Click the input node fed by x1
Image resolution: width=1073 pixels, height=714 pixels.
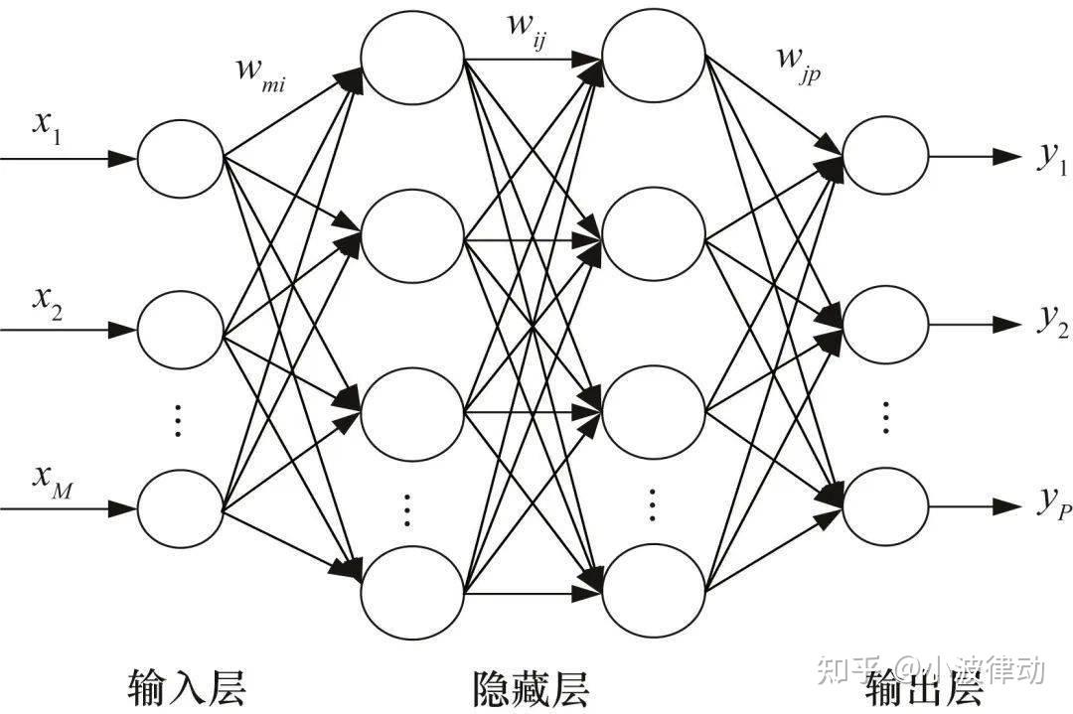[180, 158]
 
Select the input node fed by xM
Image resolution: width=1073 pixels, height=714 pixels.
[180, 509]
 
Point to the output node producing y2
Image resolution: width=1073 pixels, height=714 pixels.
[885, 325]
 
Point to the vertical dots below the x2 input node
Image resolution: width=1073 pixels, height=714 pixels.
[179, 421]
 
